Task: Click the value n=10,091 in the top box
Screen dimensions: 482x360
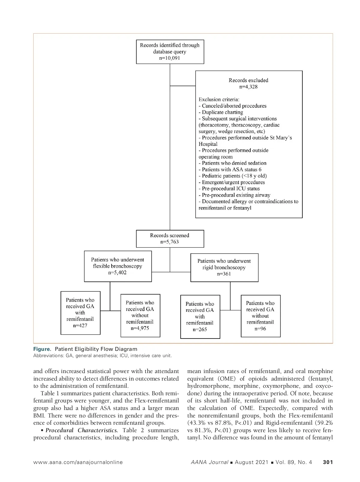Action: [170, 58]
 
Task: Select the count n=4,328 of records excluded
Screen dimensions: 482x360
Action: [248, 87]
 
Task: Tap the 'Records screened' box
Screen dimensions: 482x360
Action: [170, 239]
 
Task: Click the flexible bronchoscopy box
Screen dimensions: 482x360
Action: [118, 266]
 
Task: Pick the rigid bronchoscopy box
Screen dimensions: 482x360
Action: [224, 267]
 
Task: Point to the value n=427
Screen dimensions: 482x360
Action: [80, 325]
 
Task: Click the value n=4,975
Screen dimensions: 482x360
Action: [140, 328]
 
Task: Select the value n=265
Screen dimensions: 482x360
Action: [200, 330]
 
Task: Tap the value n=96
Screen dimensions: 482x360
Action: [260, 329]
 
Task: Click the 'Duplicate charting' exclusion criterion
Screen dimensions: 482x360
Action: [221, 112]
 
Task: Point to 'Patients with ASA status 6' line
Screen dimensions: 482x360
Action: [230, 170]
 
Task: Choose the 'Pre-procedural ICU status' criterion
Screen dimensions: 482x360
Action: [229, 189]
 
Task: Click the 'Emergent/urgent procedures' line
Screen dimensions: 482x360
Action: [232, 182]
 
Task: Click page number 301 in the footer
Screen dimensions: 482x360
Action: [328, 462]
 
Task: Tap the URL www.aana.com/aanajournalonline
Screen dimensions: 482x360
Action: [78, 462]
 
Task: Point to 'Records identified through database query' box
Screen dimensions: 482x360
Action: [170, 52]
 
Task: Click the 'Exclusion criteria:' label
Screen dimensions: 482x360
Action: [219, 99]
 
